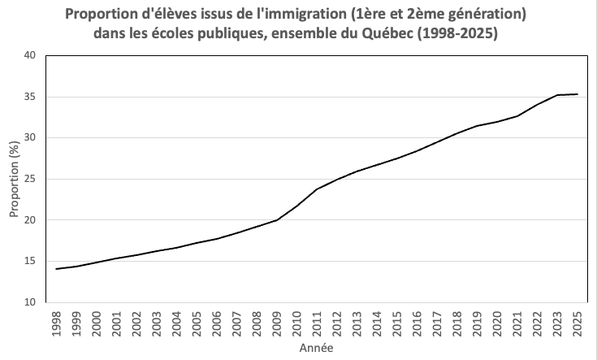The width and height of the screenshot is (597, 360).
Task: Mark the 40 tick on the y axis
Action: point(30,55)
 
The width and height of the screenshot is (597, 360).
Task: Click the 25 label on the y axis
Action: point(30,179)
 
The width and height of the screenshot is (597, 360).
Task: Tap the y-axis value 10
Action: point(30,302)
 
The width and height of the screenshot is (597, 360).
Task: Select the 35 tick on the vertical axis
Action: point(30,97)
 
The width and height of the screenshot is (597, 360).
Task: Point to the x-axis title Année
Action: point(316,349)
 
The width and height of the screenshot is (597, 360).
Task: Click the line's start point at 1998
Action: point(56,268)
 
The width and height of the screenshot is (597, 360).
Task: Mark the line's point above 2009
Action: point(277,219)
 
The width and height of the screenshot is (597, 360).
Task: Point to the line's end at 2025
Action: point(577,94)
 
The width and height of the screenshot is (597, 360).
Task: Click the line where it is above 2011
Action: point(317,189)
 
